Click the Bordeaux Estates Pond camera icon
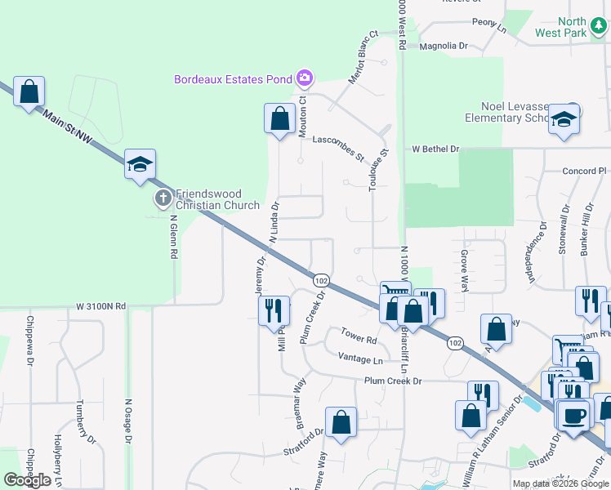(x=304, y=78)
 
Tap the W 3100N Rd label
(x=101, y=306)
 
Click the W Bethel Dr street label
(x=436, y=149)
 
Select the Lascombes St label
(x=338, y=147)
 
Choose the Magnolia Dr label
(x=443, y=46)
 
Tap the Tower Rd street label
(x=359, y=336)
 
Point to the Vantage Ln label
(x=360, y=359)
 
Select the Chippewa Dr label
(x=30, y=336)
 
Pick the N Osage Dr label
(x=128, y=420)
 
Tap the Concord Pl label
(x=585, y=171)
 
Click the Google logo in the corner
(x=28, y=480)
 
